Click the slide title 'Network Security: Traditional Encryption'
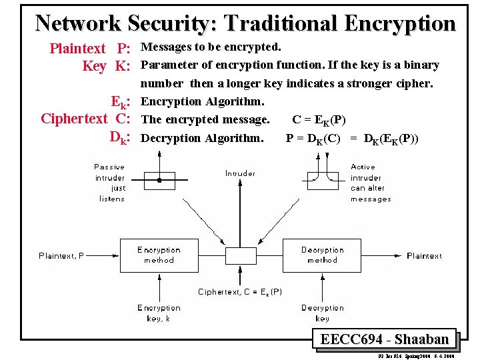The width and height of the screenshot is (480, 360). (245, 23)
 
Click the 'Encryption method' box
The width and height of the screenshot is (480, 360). (159, 255)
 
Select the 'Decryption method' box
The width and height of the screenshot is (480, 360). (322, 255)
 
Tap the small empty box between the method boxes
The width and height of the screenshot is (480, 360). (240, 256)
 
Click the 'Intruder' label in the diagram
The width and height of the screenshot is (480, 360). (240, 173)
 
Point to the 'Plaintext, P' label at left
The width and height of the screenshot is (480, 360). (61, 255)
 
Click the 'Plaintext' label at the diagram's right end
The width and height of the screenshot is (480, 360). (424, 255)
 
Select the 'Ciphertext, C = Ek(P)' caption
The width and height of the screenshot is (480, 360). (240, 291)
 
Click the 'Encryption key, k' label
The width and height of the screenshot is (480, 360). (159, 313)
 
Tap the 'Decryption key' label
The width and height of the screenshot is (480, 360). (322, 313)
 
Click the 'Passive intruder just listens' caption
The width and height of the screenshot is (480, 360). (109, 183)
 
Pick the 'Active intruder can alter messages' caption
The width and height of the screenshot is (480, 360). (371, 183)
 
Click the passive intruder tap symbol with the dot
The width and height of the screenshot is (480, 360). (159, 179)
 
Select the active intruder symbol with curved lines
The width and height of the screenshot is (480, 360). (323, 179)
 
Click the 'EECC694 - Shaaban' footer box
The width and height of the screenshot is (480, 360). (384, 339)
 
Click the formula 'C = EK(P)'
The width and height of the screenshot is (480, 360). (319, 120)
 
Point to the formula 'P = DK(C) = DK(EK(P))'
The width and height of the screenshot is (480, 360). (352, 138)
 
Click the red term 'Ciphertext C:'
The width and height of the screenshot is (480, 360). (85, 119)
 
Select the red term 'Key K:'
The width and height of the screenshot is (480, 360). (105, 66)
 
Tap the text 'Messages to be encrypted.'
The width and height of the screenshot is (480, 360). (211, 47)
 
